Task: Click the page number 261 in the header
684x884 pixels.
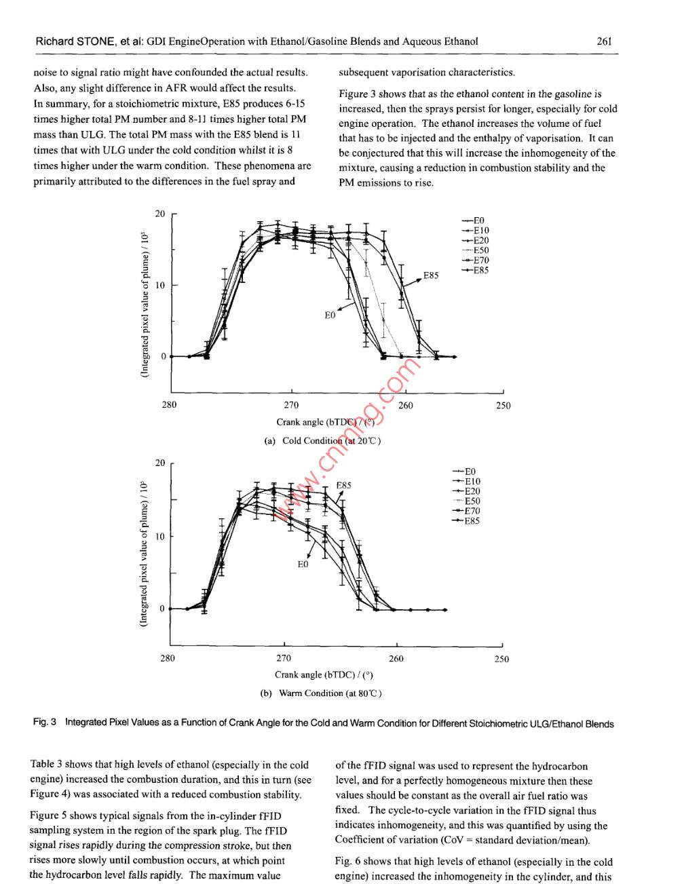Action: coord(604,41)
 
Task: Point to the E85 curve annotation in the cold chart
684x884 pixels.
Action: coord(431,275)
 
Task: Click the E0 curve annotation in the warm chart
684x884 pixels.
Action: coord(303,564)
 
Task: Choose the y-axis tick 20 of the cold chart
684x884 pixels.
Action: coord(160,214)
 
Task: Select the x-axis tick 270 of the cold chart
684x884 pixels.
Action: coord(291,405)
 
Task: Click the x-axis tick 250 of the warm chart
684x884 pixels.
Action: coord(501,659)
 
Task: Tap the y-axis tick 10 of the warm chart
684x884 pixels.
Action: coord(160,537)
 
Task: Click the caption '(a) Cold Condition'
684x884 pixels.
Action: coord(322,441)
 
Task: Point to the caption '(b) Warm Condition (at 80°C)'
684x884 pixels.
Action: coord(321,693)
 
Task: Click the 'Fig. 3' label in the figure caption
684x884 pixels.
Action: coord(45,723)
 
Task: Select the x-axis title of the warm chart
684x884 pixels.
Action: coord(324,675)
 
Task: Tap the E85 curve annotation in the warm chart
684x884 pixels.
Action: coord(344,486)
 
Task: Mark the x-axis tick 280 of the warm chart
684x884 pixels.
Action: coord(168,658)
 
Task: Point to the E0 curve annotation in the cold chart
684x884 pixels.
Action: coord(330,315)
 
